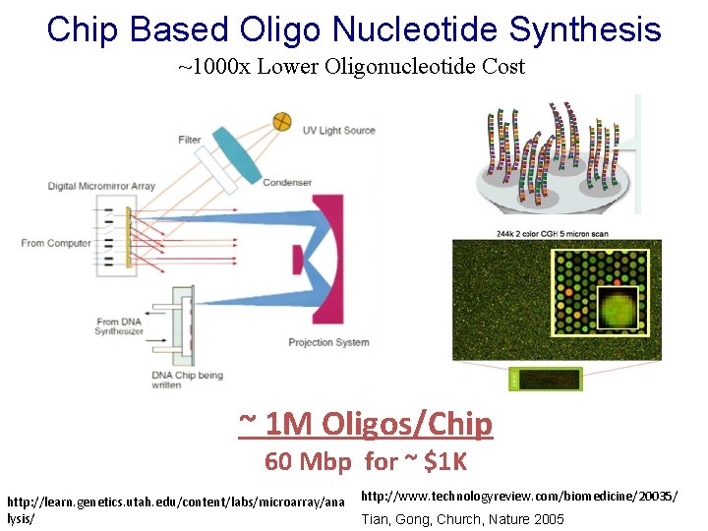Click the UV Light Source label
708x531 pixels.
click(x=338, y=131)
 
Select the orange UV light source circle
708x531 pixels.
click(x=282, y=121)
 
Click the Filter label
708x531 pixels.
click(x=189, y=140)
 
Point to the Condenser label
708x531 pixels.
click(x=287, y=182)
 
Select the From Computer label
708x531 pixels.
click(x=56, y=243)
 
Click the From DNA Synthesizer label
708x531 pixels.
click(x=121, y=326)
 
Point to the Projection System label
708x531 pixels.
click(x=328, y=342)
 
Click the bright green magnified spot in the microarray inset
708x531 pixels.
click(x=616, y=305)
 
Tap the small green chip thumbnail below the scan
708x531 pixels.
click(x=545, y=379)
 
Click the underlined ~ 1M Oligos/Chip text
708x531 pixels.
click(x=365, y=424)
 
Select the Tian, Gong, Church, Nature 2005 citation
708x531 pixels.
click(x=463, y=519)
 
